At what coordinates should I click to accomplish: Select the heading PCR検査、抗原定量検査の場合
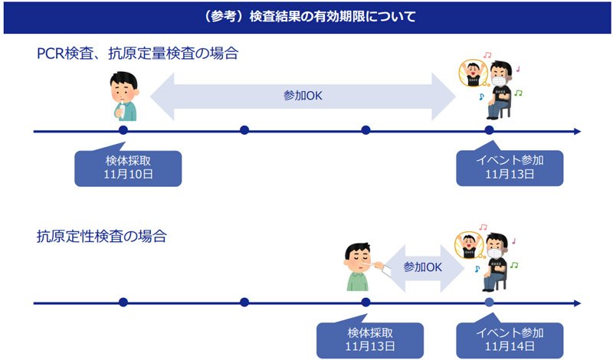tap(137, 54)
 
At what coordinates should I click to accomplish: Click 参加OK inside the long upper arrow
tap(303, 96)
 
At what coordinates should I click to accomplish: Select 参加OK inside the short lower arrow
tap(423, 267)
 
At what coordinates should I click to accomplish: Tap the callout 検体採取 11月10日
tap(128, 167)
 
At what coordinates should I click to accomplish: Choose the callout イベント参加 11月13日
tap(510, 167)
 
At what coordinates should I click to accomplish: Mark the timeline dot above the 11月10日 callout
tap(123, 130)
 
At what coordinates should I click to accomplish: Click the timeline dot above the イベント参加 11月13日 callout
tap(489, 130)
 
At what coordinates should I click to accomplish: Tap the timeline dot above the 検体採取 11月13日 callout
tap(366, 303)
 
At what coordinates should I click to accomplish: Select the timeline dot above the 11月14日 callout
tap(489, 303)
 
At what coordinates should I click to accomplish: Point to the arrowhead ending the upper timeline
tap(576, 131)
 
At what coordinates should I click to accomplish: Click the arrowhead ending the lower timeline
tap(576, 303)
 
